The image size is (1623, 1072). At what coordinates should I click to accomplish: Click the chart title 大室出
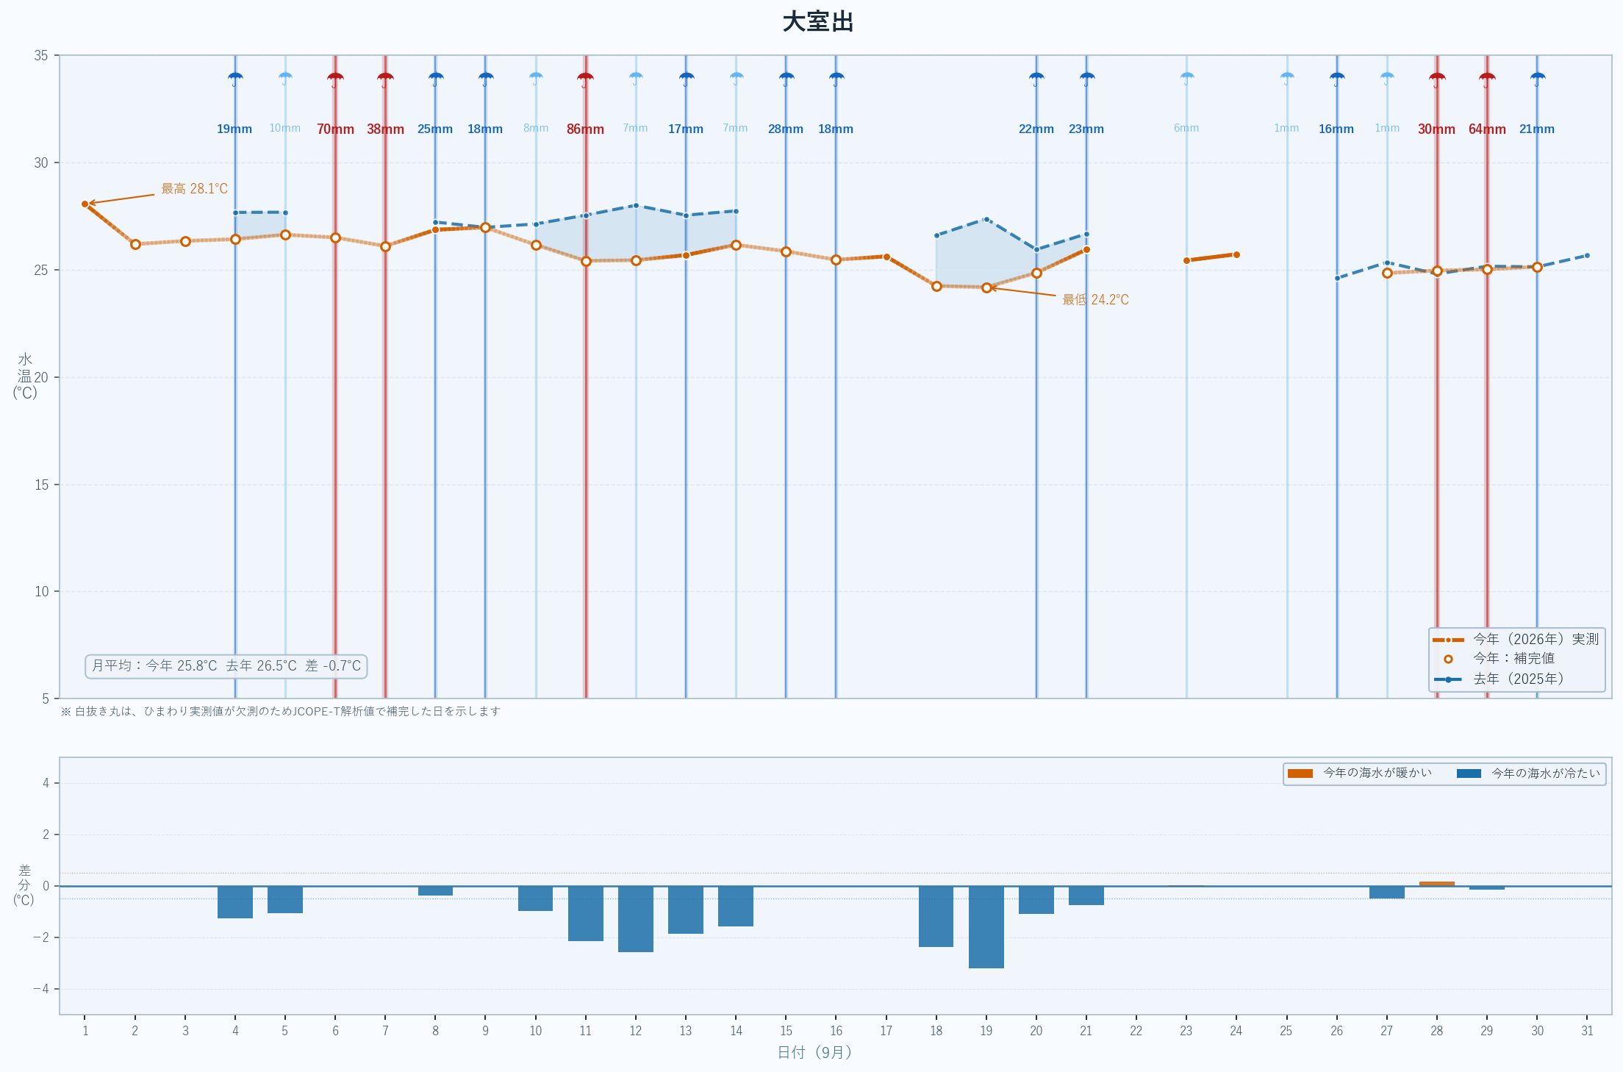(817, 22)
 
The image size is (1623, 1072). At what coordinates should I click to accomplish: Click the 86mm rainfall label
(585, 129)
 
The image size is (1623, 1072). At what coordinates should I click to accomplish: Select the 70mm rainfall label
(335, 129)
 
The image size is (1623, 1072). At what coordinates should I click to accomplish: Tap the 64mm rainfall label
(1487, 129)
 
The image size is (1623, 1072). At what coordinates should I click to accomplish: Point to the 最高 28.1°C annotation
(195, 189)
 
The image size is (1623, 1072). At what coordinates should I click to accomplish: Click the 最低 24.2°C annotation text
(1095, 300)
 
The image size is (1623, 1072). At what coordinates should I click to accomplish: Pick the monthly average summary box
(226, 666)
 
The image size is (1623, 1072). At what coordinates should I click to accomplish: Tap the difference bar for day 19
(986, 927)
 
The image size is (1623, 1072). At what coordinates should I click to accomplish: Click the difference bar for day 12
(636, 919)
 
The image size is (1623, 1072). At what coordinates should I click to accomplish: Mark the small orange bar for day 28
(1437, 884)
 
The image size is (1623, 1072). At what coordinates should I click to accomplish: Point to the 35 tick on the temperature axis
(41, 56)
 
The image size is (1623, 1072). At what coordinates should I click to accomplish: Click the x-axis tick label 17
(886, 1031)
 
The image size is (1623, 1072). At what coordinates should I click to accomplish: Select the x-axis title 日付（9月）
(814, 1053)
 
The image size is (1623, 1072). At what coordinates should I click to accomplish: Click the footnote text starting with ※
(280, 712)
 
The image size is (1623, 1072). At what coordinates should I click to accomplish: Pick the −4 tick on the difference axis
(41, 989)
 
